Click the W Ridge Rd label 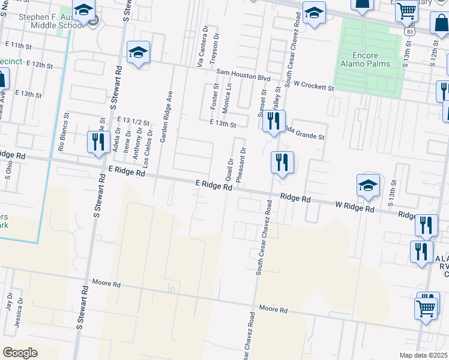pos(354,208)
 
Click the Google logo pos(20,352)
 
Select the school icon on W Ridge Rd pos(368,186)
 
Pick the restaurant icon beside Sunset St pos(274,122)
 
